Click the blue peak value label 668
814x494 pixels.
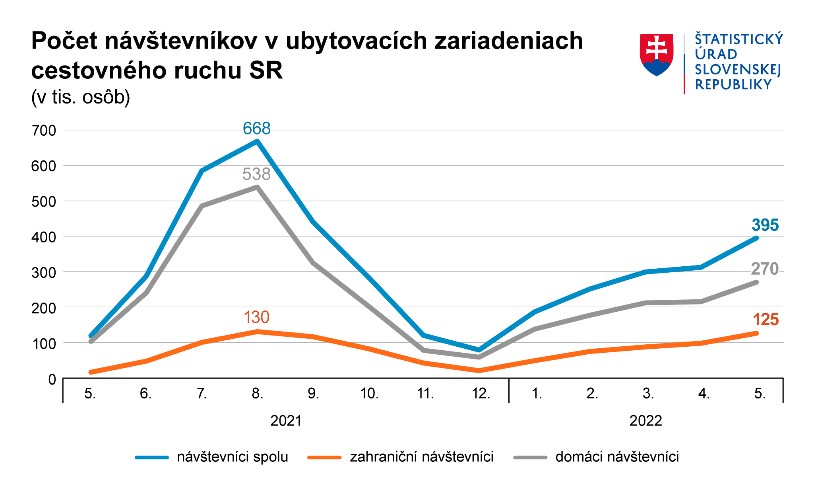257,129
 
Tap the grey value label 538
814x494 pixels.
257,174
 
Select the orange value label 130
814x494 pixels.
257,318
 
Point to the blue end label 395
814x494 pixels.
765,225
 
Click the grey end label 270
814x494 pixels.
765,269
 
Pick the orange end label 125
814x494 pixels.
766,320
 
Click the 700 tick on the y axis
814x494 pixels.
44,131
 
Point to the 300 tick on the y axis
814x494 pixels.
44,273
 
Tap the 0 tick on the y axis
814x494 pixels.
52,379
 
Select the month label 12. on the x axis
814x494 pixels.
481,394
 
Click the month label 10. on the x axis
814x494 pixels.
369,394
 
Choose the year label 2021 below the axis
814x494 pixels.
286,421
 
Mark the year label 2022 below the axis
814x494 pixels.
646,421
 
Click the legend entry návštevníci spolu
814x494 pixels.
233,457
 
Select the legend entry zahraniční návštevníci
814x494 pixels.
422,457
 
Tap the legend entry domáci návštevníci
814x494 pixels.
617,457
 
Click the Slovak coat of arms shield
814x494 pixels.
657,54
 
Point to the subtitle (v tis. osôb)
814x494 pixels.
81,97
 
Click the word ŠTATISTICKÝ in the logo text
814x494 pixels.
739,39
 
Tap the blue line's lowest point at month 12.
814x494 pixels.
479,350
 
